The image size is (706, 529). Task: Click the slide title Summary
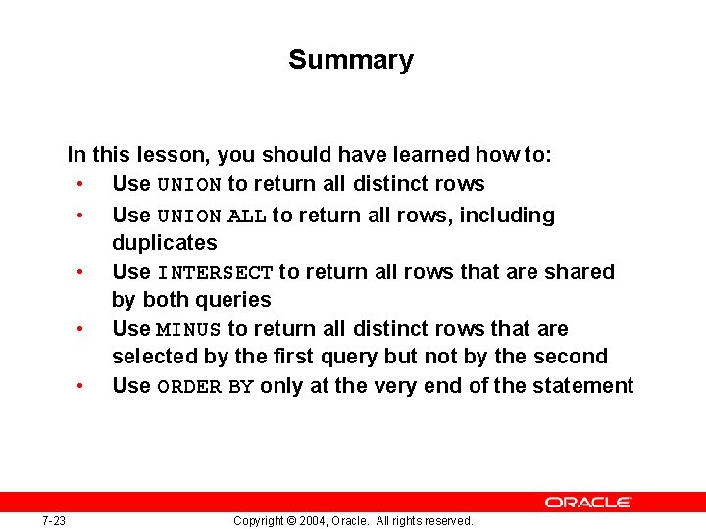coord(351,60)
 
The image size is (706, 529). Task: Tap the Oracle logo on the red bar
coord(588,502)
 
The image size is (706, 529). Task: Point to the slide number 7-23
coord(54,520)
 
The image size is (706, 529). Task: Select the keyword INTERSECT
coord(215,272)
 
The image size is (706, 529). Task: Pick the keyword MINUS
coord(189,329)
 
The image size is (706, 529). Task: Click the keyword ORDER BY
coord(205,386)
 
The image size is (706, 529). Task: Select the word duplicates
coord(165,242)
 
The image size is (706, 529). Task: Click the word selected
coord(154,356)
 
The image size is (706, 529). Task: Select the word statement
coord(583,385)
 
